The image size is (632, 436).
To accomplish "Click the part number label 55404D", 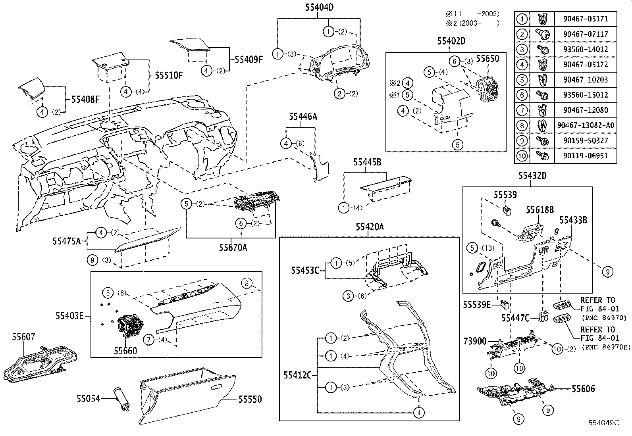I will (319, 7).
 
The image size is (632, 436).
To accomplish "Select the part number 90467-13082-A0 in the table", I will (586, 125).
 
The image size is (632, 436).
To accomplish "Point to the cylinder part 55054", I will (120, 399).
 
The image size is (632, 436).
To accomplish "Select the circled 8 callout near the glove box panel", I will (247, 283).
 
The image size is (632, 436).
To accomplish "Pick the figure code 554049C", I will (604, 423).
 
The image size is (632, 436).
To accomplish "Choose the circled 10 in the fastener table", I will (522, 156).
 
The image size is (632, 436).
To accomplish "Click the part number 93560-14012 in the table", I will (586, 49).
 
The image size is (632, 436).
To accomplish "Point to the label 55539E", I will (476, 305).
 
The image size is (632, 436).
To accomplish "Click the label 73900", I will (475, 341).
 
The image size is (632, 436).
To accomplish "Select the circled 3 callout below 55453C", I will (348, 296).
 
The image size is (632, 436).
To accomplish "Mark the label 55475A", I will (66, 240).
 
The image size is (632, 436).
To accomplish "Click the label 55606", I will (583, 389).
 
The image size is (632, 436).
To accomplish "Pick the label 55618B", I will (540, 210).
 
